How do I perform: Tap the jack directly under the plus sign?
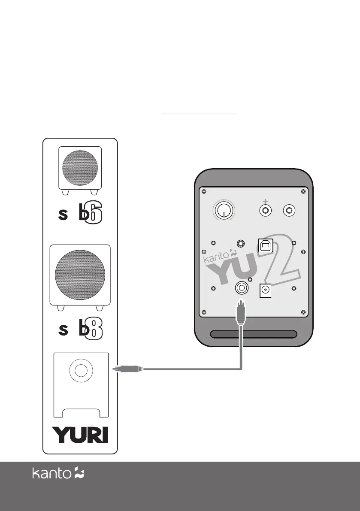[266, 211]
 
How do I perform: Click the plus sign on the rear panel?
[266, 201]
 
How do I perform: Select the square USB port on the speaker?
[263, 245]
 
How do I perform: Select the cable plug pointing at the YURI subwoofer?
[127, 368]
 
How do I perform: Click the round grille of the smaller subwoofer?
[80, 168]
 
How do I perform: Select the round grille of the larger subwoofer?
[80, 274]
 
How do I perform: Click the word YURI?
[80, 435]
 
